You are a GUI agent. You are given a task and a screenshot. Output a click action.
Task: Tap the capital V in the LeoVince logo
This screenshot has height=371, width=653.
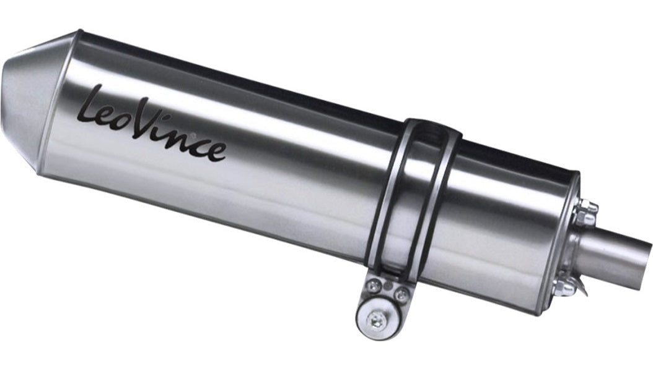point(144,120)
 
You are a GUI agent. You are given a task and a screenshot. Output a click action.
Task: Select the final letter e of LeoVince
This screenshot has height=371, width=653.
point(217,151)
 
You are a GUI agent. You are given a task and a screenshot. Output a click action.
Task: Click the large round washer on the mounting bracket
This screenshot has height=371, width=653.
point(377,318)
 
